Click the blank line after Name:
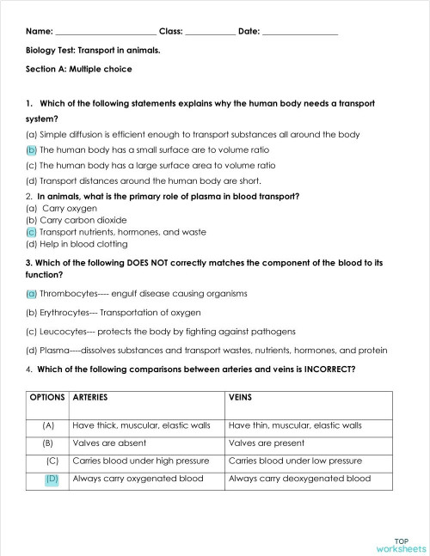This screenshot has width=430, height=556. pyautogui.click(x=105, y=32)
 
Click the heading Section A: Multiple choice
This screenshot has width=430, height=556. pyautogui.click(x=79, y=69)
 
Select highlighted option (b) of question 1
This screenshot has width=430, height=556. pyautogui.click(x=32, y=150)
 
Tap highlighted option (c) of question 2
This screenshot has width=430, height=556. pyautogui.click(x=32, y=232)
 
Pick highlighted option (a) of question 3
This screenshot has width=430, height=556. pyautogui.click(x=32, y=294)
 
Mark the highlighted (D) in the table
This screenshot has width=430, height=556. pyautogui.click(x=52, y=479)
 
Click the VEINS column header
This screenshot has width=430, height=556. pyautogui.click(x=241, y=398)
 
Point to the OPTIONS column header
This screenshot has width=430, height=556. pyautogui.click(x=48, y=398)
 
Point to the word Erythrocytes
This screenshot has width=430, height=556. pyautogui.click(x=65, y=313)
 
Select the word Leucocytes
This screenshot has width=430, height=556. pyautogui.click(x=64, y=332)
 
